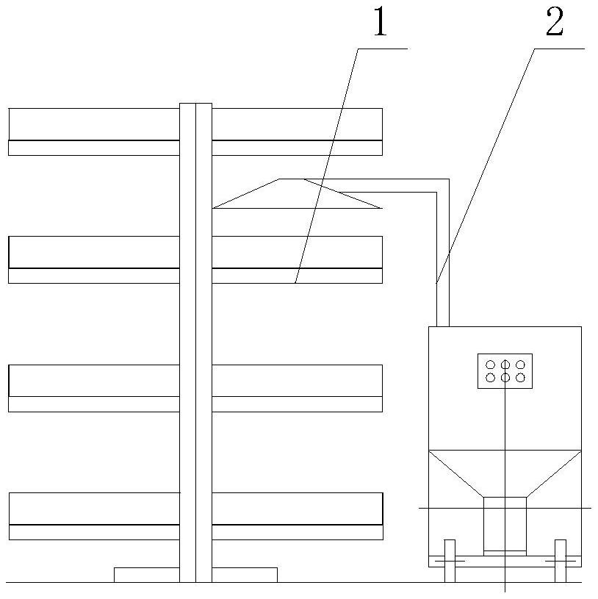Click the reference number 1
pos(379,22)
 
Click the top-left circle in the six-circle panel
pos(490,365)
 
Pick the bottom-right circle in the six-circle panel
pos(520,378)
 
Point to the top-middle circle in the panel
pos(505,365)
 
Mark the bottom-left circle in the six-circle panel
pos(490,378)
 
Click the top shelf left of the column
pos(94,132)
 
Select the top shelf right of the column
pos(297,132)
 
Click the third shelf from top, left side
pos(94,388)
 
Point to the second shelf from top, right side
pos(297,259)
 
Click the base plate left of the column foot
pos(146,575)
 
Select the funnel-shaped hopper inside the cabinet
pos(505,474)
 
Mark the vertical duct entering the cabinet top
pos(443,294)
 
